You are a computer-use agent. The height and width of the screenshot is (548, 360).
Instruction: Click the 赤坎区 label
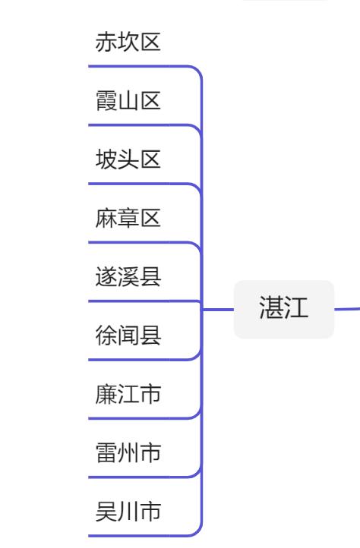(x=128, y=42)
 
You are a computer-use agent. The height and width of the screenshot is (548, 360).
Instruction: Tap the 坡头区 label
(x=128, y=159)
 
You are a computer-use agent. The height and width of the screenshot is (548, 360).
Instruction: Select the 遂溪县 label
(x=128, y=277)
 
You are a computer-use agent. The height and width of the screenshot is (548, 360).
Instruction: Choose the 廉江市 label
(x=128, y=395)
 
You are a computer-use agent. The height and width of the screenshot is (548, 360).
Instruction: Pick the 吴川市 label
(x=128, y=512)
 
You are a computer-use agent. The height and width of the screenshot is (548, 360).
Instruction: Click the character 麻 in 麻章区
(x=106, y=219)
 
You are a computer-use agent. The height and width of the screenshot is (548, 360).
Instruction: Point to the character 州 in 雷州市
(x=128, y=454)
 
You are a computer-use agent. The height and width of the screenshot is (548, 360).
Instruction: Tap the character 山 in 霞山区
(x=128, y=101)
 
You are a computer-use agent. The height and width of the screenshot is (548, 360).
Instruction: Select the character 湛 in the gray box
(x=271, y=309)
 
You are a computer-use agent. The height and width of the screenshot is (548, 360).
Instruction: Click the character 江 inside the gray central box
(x=296, y=309)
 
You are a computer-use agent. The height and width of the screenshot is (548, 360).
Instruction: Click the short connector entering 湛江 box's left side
(x=219, y=310)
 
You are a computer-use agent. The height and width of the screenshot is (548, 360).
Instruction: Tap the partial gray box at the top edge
(x=285, y=2)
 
